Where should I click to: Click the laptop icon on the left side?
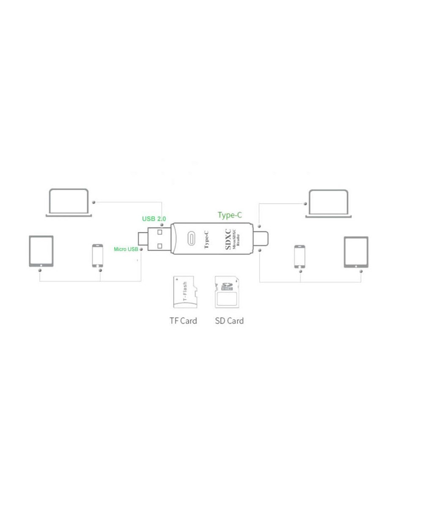point(69,203)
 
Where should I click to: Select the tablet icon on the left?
point(41,251)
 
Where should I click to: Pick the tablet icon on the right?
point(356,252)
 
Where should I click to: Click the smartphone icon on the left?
point(98,255)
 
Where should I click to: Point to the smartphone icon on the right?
point(300,256)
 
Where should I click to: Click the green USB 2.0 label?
point(154,218)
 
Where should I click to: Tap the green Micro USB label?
point(126,249)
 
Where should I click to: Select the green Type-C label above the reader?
point(230,215)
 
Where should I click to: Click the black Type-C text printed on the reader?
point(206,239)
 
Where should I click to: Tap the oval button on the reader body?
point(191,239)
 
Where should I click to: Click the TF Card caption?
point(183,321)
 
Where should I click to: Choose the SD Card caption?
point(229,321)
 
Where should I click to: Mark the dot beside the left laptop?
point(93,203)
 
